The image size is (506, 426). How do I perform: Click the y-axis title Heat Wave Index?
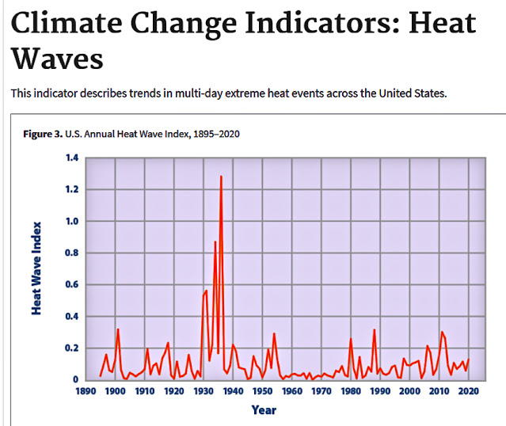coord(37,268)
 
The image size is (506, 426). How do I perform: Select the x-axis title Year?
coord(264,410)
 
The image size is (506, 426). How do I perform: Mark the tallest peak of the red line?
coord(221,177)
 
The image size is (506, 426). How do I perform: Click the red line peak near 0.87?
coord(215,242)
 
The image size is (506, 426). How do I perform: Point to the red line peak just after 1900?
coord(118,329)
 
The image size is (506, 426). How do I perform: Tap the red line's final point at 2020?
coord(469,359)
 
